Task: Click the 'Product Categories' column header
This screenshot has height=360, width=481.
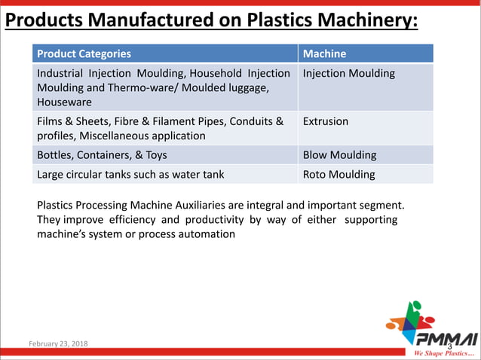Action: (84, 54)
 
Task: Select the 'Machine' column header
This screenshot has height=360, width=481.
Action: (324, 54)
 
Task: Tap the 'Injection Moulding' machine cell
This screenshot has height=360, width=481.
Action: (348, 74)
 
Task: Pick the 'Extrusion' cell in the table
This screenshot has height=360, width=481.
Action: (325, 121)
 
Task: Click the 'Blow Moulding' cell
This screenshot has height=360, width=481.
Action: (339, 155)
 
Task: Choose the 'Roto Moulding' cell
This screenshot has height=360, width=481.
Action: (339, 175)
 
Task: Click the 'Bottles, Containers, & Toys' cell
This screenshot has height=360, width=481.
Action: (102, 155)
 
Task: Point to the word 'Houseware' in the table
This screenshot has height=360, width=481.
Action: (64, 102)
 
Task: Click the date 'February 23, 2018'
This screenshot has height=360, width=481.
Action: (58, 344)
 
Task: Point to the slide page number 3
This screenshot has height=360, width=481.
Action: (449, 346)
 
